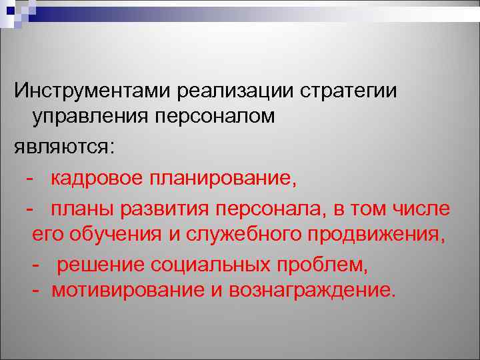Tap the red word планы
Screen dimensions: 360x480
point(83,209)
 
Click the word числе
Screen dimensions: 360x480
point(423,209)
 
